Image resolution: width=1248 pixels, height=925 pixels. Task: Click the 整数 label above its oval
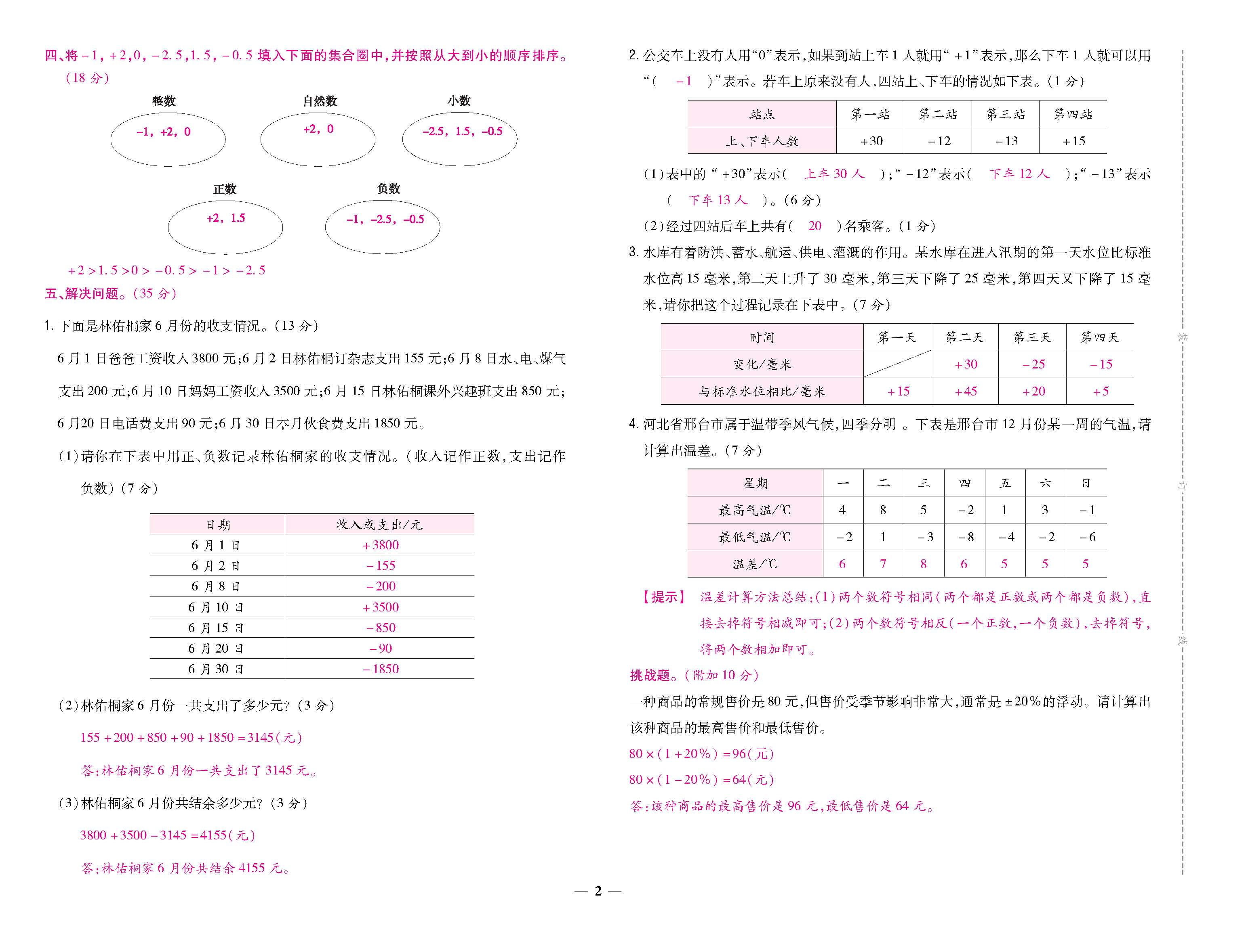tap(164, 101)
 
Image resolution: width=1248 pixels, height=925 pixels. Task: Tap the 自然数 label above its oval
tap(320, 101)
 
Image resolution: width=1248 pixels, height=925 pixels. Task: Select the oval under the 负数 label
tap(382, 227)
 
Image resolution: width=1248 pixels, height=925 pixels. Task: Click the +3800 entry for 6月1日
tap(381, 545)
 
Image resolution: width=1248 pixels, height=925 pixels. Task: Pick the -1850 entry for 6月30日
tap(381, 669)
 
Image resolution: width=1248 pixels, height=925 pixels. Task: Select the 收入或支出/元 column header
tap(379, 525)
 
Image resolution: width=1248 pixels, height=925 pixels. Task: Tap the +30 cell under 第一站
tap(871, 141)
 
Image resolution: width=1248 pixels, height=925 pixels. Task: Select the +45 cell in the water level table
tap(966, 391)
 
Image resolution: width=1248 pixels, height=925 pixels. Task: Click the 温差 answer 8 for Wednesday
tap(924, 564)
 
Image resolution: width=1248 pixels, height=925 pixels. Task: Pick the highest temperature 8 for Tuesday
tap(883, 510)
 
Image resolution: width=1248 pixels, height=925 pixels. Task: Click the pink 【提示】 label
tap(665, 597)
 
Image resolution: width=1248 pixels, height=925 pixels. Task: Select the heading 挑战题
tap(650, 675)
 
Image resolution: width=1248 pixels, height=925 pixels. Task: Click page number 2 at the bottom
tap(598, 891)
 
